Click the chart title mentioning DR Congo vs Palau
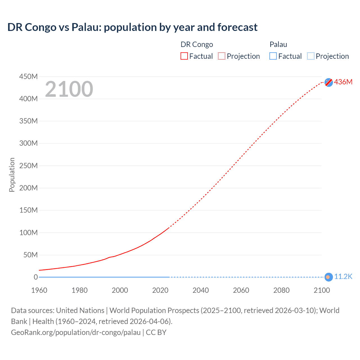(x=132, y=27)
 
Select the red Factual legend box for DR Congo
(x=184, y=56)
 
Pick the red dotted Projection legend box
(x=222, y=56)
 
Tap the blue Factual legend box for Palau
(x=273, y=56)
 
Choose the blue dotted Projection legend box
(x=311, y=56)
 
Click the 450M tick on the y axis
(x=28, y=76)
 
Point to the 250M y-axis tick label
(x=28, y=166)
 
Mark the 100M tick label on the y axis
(x=28, y=233)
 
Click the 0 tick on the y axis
(x=36, y=277)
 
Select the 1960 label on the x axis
(x=39, y=290)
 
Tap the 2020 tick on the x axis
(x=160, y=290)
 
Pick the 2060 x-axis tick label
(x=241, y=290)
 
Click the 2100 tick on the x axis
(x=322, y=290)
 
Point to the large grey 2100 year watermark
(x=69, y=89)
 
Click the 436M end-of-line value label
(x=343, y=82)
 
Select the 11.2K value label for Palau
(x=343, y=277)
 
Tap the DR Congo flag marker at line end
(x=328, y=82)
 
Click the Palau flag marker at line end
(x=328, y=277)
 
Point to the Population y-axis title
(x=12, y=175)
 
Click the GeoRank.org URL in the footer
(x=76, y=332)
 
